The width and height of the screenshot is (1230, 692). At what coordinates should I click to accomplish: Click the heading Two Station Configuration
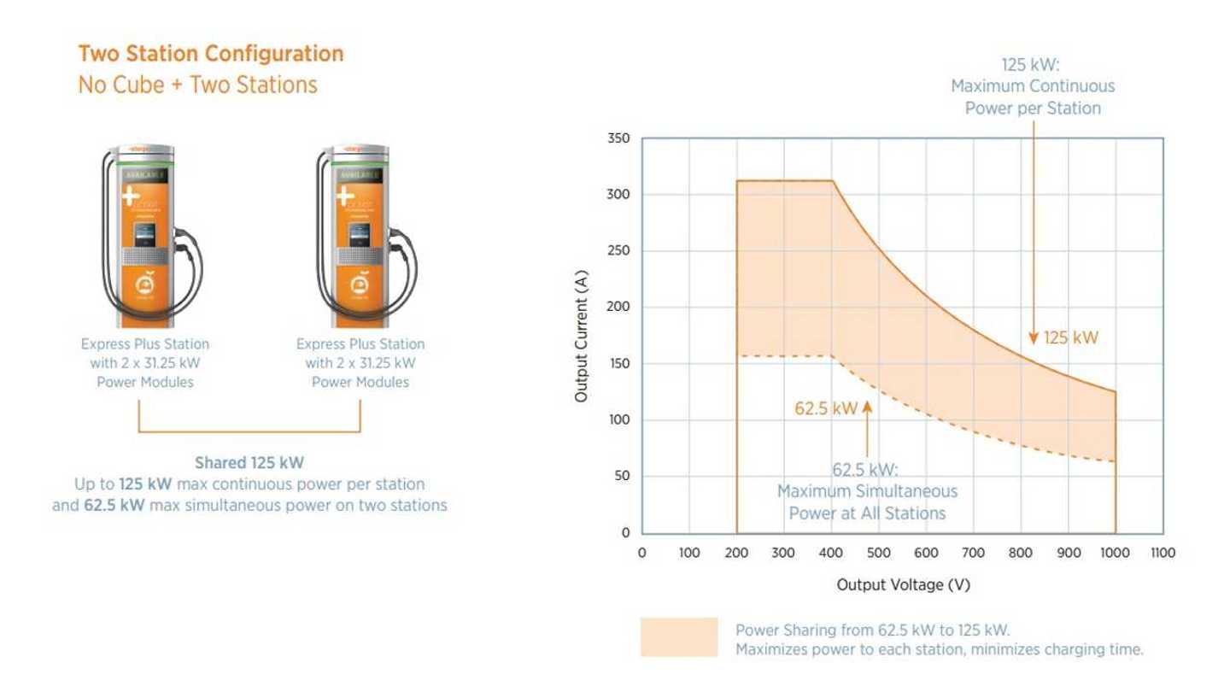point(211,54)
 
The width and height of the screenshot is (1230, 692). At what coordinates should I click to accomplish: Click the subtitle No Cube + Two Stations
point(197,85)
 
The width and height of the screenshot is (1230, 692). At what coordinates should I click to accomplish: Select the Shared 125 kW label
point(249,464)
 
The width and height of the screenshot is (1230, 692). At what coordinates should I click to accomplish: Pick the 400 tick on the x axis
point(830,554)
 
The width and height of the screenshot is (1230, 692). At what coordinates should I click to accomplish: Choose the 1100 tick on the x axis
point(1163,554)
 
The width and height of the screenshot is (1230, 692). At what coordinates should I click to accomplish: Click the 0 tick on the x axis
point(641,554)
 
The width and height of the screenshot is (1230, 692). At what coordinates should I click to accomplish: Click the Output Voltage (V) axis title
point(904,585)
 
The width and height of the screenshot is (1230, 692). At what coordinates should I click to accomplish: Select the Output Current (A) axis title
point(581,336)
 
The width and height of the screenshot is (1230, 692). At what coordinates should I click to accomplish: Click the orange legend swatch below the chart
point(679,636)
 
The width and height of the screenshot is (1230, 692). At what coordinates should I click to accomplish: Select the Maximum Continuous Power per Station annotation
point(1033,86)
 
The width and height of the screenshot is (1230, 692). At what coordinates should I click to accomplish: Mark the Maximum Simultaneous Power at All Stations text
point(867,491)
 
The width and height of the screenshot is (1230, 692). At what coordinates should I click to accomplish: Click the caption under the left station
point(145,363)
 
